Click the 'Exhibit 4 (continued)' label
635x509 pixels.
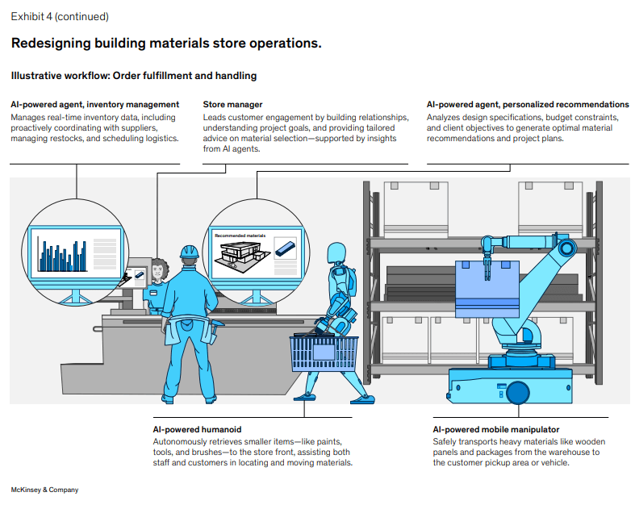click(x=60, y=16)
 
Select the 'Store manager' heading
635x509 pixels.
click(x=232, y=105)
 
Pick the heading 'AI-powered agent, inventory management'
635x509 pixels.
click(x=95, y=105)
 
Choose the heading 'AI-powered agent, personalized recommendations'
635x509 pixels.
click(x=528, y=105)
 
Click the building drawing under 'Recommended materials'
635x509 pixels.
click(x=241, y=256)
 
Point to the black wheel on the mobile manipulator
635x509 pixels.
click(x=516, y=393)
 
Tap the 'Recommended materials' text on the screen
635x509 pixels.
click(x=240, y=236)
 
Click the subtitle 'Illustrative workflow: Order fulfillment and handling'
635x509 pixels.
click(x=133, y=76)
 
